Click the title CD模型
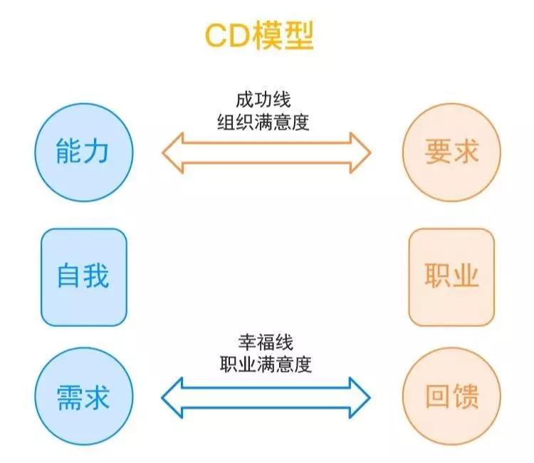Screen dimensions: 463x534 pyautogui.click(x=259, y=36)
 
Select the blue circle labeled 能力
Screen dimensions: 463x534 pyautogui.click(x=84, y=152)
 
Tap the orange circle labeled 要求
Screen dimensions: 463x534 pyautogui.click(x=451, y=152)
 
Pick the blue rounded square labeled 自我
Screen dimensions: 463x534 pyautogui.click(x=84, y=277)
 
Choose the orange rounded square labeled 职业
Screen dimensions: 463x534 pyautogui.click(x=451, y=277)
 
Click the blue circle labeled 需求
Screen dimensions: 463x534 pyautogui.click(x=84, y=397)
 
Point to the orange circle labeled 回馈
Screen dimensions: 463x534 pyautogui.click(x=451, y=397)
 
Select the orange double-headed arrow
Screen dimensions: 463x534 pyautogui.click(x=266, y=152)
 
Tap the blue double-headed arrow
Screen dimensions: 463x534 pyautogui.click(x=266, y=395)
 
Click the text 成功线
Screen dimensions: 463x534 pyautogui.click(x=264, y=99)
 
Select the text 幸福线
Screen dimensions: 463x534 pyautogui.click(x=264, y=343)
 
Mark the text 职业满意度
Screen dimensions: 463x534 pyautogui.click(x=264, y=365)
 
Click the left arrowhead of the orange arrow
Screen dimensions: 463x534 pyautogui.click(x=174, y=152)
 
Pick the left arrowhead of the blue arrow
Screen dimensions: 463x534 pyautogui.click(x=174, y=395)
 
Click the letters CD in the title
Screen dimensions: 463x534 pyautogui.click(x=229, y=36)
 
